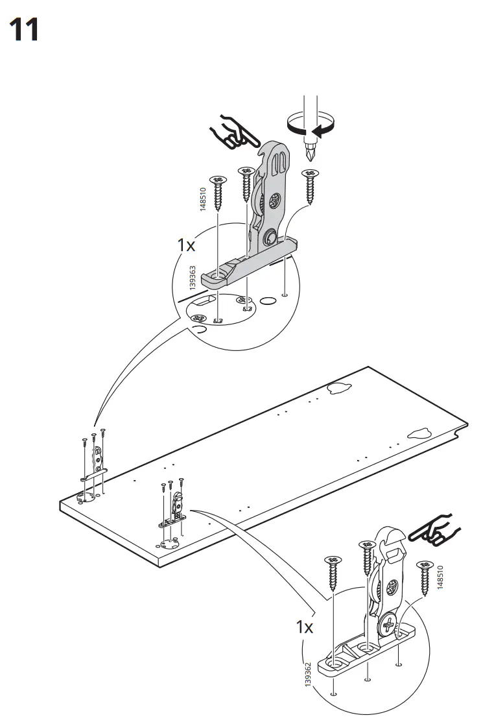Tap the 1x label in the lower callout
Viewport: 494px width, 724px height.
305,627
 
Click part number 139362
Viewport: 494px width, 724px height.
308,677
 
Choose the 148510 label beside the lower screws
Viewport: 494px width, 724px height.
441,577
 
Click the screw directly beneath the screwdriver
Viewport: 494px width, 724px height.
311,184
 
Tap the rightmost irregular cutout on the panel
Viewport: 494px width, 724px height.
419,433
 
